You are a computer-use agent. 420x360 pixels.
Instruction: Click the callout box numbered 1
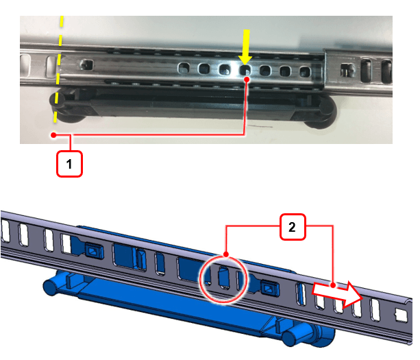(69, 164)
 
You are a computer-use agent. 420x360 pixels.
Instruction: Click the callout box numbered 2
(293, 227)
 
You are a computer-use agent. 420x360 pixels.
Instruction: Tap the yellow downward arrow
(245, 47)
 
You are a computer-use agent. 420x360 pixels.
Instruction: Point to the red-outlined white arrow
(338, 293)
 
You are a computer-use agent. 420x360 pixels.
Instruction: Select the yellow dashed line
(58, 69)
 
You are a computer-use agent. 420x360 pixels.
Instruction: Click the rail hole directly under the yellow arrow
(245, 71)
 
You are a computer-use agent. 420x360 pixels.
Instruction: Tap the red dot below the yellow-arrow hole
(247, 80)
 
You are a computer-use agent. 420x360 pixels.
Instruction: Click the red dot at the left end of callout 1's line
(54, 135)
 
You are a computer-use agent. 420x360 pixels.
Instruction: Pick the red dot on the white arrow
(333, 285)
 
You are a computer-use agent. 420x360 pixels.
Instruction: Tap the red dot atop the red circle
(226, 254)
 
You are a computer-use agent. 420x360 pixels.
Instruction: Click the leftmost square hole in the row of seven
(184, 68)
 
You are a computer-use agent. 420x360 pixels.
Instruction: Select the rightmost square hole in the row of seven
(305, 72)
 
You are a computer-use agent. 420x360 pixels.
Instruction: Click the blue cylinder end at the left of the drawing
(50, 286)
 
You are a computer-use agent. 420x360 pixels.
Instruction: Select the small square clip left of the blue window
(93, 251)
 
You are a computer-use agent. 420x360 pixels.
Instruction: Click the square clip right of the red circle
(270, 289)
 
